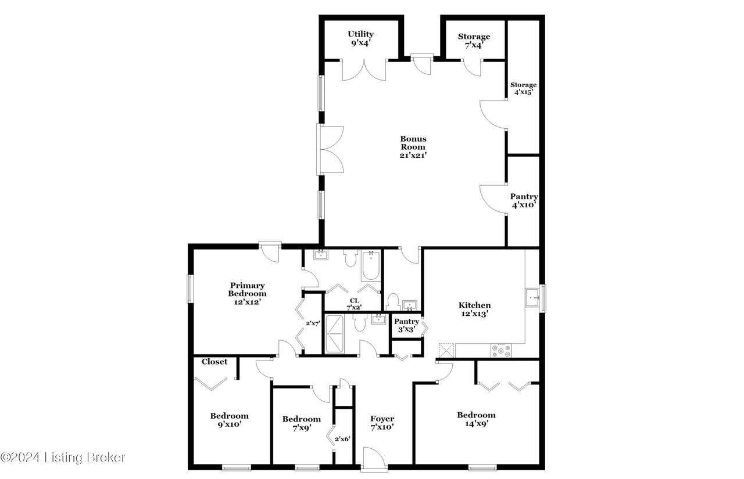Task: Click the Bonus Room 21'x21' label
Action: coord(413,147)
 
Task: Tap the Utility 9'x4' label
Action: coord(361,38)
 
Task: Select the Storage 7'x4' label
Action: coord(474,41)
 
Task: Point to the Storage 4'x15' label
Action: coord(524,89)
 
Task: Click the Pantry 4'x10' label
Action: coord(524,201)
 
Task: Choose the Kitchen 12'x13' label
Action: coord(475,309)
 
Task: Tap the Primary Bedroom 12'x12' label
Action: coord(247,294)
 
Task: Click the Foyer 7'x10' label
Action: coord(382,423)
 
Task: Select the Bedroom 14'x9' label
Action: coord(476,419)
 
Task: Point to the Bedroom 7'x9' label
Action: coord(302,423)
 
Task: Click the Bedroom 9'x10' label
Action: coord(229,420)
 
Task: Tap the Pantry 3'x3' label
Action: coord(406,325)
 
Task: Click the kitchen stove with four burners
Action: coord(501,351)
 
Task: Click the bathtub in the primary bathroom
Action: coord(371,266)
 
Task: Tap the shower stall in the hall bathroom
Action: coord(334,334)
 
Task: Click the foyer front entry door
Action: coord(374,459)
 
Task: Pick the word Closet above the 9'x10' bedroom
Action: coord(214,362)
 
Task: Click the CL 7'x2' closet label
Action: coord(354,304)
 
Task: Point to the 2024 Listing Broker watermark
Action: coord(63,458)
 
